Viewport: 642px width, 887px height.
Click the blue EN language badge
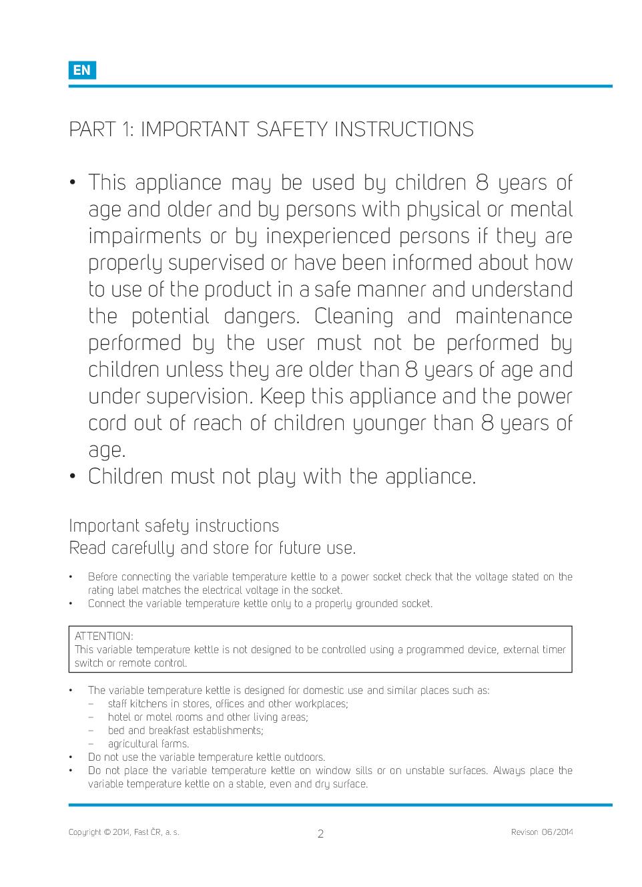[82, 70]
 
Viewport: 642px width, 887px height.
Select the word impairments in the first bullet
[145, 236]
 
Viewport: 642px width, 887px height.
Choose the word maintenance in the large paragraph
[514, 316]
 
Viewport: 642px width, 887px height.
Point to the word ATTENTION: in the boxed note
[104, 636]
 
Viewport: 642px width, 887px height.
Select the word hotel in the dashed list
[121, 717]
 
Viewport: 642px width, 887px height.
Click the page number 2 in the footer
[320, 834]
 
